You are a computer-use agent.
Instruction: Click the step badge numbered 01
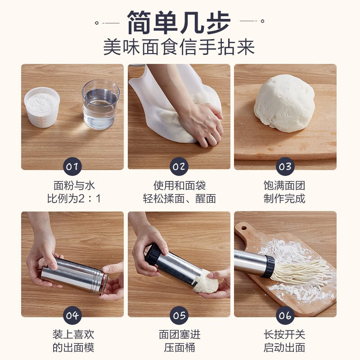[x=72, y=167]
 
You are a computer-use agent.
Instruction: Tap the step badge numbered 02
[x=179, y=167]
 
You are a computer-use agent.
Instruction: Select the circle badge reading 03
[x=285, y=167]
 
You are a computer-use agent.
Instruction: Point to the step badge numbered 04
[x=72, y=315]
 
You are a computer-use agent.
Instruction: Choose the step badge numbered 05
[x=179, y=315]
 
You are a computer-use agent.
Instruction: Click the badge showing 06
[x=285, y=315]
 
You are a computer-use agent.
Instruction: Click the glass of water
[x=101, y=104]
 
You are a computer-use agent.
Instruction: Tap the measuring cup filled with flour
[x=42, y=107]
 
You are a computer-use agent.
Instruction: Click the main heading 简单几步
[x=179, y=22]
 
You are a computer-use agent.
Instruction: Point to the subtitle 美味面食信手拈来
[x=179, y=47]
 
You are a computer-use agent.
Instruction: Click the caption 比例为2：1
[x=72, y=198]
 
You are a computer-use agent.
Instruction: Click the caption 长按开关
[x=284, y=334]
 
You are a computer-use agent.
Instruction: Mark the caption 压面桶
[x=179, y=347]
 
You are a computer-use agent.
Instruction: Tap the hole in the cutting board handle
[x=243, y=226]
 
